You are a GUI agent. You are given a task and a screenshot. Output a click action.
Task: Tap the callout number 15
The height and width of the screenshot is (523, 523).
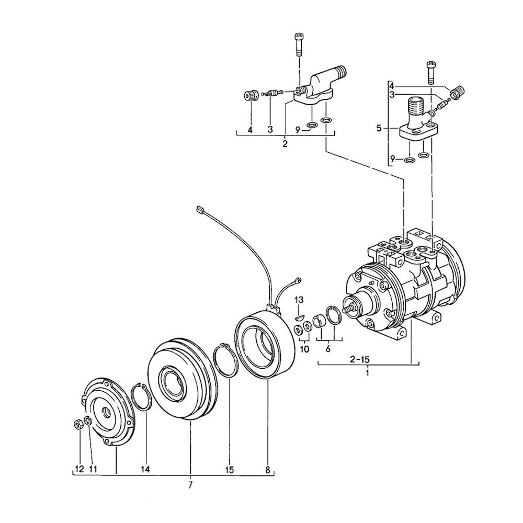tap(230, 470)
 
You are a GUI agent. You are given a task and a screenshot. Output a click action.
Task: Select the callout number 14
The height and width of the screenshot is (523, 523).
tap(145, 470)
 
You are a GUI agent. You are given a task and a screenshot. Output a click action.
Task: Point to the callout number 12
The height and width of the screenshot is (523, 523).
tap(79, 470)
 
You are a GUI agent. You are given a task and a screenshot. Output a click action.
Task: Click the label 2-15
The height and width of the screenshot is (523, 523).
tap(360, 360)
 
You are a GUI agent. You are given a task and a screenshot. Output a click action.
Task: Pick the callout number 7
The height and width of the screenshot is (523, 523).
tap(190, 485)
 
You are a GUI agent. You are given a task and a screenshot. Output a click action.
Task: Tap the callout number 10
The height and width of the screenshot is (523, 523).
tap(305, 349)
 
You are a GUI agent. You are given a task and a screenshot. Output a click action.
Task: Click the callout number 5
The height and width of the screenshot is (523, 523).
tap(379, 128)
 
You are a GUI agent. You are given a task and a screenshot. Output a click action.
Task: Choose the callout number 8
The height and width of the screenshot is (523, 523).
tap(267, 470)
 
